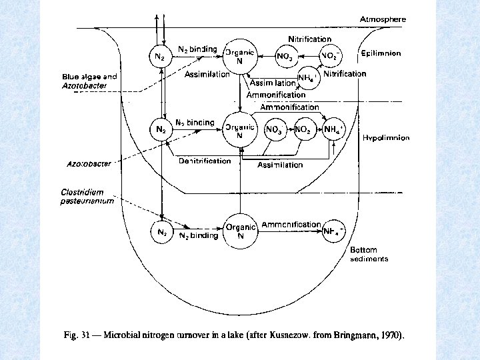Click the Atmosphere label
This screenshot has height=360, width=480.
coord(383,19)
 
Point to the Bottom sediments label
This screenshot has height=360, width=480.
coord(369,255)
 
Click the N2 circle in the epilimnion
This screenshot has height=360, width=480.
coord(160,57)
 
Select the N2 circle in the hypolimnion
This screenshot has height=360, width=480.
coord(161,128)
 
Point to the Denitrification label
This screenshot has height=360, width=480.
coord(205,161)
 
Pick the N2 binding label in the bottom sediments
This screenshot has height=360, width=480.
coord(198,235)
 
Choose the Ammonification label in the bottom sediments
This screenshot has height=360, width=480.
coord(291,225)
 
